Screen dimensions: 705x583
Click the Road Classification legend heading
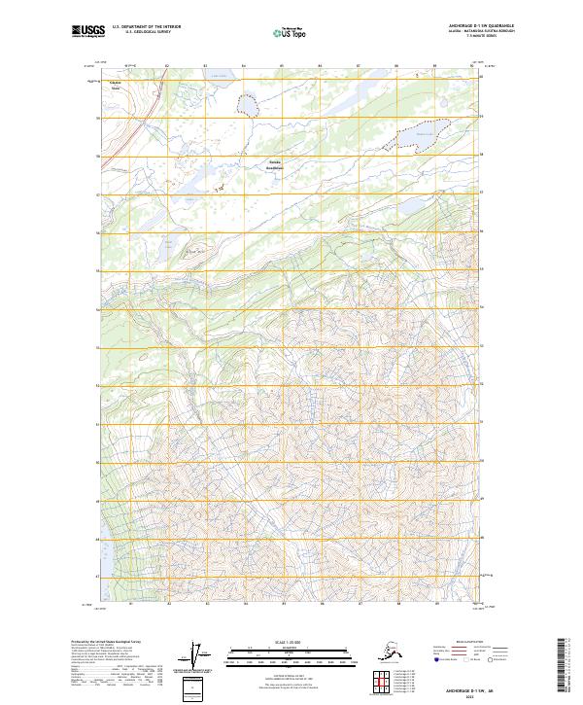[465, 643]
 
